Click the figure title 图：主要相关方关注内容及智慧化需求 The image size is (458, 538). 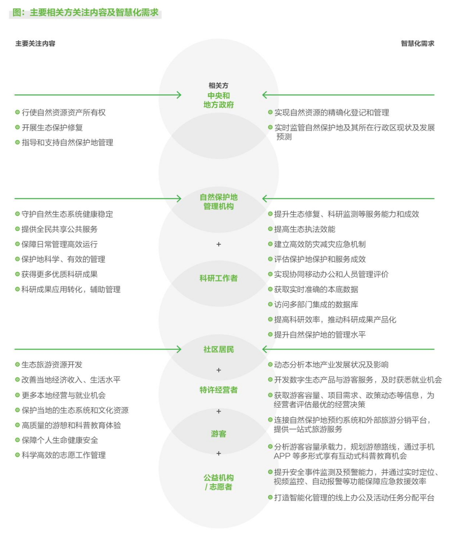tap(85, 13)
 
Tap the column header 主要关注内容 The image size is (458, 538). tap(35, 43)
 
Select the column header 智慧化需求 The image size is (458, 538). tap(417, 43)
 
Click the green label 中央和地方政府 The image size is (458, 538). tap(218, 100)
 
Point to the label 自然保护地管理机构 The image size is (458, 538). tap(218, 202)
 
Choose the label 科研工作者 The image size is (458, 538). tap(218, 278)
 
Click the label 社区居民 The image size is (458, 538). tap(218, 350)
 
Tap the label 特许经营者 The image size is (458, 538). tap(218, 390)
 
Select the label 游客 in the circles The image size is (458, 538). tap(218, 434)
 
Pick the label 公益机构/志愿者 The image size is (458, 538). tap(218, 482)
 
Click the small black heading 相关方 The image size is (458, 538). tap(218, 86)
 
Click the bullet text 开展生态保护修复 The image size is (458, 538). tap(52, 128)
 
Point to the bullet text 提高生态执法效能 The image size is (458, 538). tap(304, 229)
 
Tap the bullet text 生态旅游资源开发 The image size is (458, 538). tap(52, 365)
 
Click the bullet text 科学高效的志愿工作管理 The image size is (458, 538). tap(64, 455)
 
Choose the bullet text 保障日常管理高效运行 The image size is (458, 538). tap(59, 245)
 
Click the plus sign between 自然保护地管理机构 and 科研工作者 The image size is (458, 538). tap(219, 244)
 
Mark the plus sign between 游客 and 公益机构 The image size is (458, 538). tap(219, 453)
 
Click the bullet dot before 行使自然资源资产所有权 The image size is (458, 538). tap(17, 113)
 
